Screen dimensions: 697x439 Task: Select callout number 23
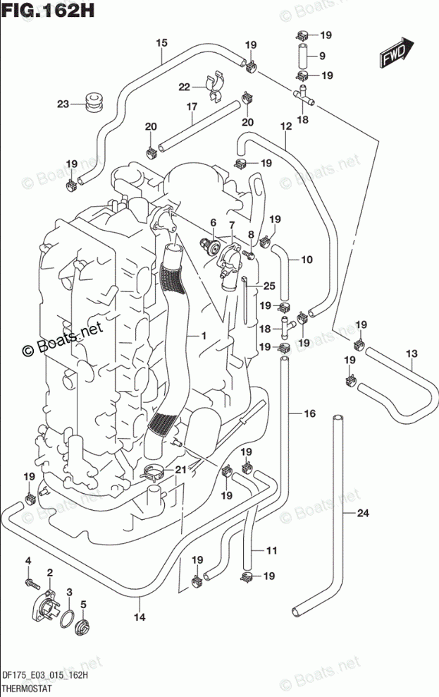click(63, 104)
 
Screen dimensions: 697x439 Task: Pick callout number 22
click(184, 87)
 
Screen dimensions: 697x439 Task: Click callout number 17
click(190, 107)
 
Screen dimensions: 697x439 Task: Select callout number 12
click(285, 126)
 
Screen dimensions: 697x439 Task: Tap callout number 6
click(212, 223)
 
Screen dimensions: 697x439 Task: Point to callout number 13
click(412, 353)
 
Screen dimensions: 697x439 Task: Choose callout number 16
click(309, 414)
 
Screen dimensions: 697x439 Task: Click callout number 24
click(362, 513)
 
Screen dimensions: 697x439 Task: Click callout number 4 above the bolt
click(28, 561)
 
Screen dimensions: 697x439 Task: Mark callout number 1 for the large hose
click(203, 337)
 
